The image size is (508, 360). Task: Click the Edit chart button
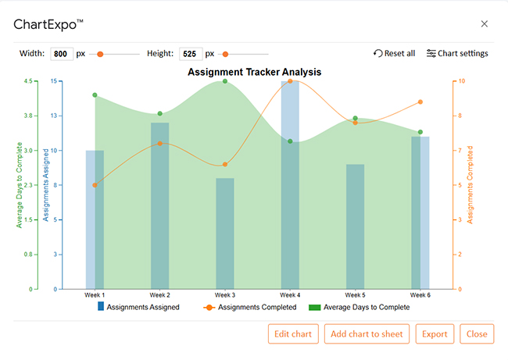pos(293,334)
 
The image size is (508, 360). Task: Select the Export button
pos(435,334)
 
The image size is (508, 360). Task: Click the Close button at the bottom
pos(477,334)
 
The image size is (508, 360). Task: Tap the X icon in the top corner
pos(485,23)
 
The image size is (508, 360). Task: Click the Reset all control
pos(395,53)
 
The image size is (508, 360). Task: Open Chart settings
pos(457,53)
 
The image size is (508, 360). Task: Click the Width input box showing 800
pos(61,54)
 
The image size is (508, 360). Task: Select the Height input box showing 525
pos(190,54)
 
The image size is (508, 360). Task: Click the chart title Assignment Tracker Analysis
pos(255,72)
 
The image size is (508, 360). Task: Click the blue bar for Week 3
pos(225,233)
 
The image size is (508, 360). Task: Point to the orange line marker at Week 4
pos(290,81)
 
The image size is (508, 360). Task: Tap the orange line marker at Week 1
pos(95,185)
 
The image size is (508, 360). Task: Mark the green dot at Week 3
pos(225,81)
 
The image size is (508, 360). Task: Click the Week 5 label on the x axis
pos(355,295)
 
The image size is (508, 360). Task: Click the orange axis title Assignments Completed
pos(470,184)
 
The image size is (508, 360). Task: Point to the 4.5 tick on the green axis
pos(28,81)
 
